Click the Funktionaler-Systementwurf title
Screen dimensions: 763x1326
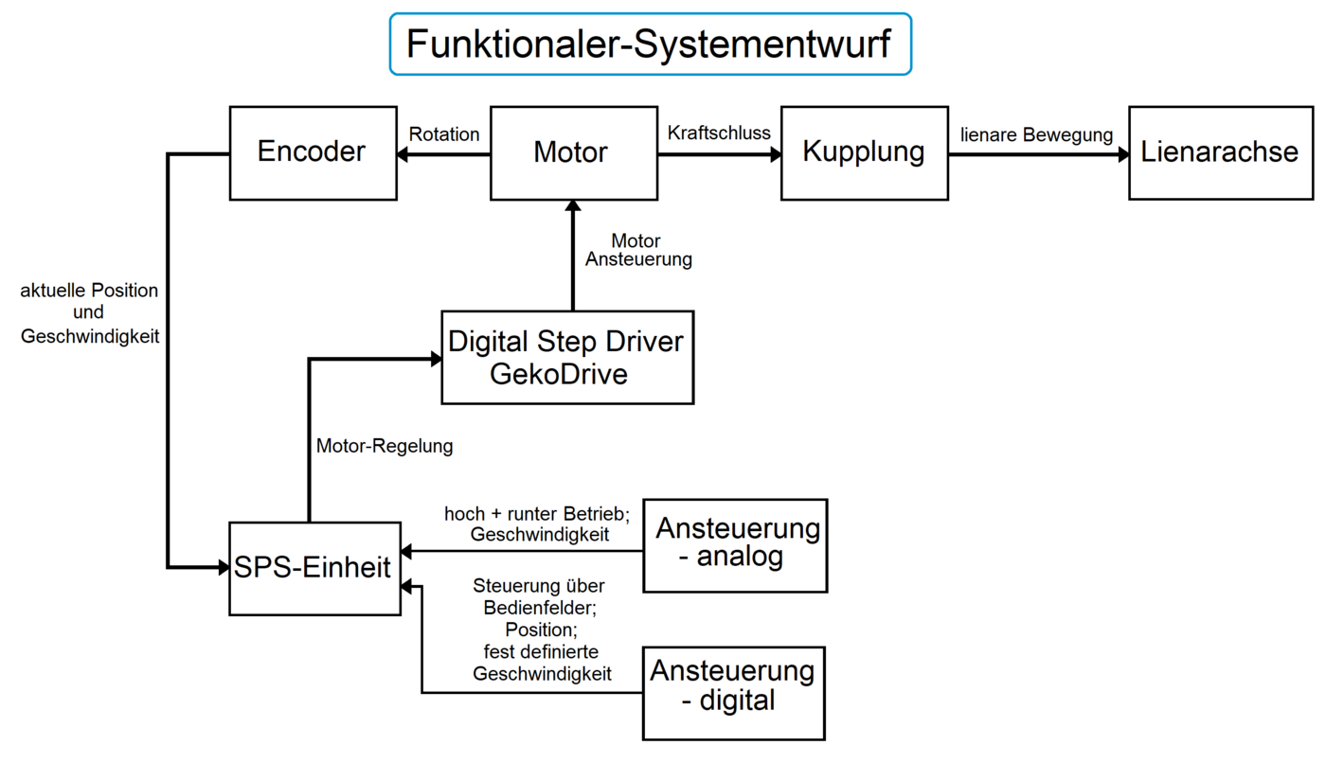click(650, 44)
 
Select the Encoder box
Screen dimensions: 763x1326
click(313, 152)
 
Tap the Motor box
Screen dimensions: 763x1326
click(573, 152)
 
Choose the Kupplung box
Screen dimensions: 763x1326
click(864, 152)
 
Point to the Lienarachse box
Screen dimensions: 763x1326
click(1220, 152)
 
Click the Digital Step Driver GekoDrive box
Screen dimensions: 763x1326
click(566, 357)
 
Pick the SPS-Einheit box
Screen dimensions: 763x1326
click(314, 568)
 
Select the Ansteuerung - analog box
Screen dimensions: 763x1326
click(735, 545)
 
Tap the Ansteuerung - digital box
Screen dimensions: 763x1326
click(733, 693)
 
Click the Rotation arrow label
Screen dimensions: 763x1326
click(444, 134)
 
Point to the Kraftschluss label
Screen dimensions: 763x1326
click(719, 132)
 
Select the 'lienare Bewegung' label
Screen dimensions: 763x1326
click(1036, 135)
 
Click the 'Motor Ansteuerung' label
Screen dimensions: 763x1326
click(637, 250)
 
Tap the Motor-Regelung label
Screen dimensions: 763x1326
click(385, 446)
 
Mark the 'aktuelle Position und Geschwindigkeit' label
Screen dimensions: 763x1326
click(89, 312)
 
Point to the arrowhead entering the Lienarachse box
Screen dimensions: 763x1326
click(1122, 154)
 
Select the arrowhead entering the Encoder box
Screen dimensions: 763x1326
click(403, 154)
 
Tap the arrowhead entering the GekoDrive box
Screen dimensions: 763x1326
click(436, 359)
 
